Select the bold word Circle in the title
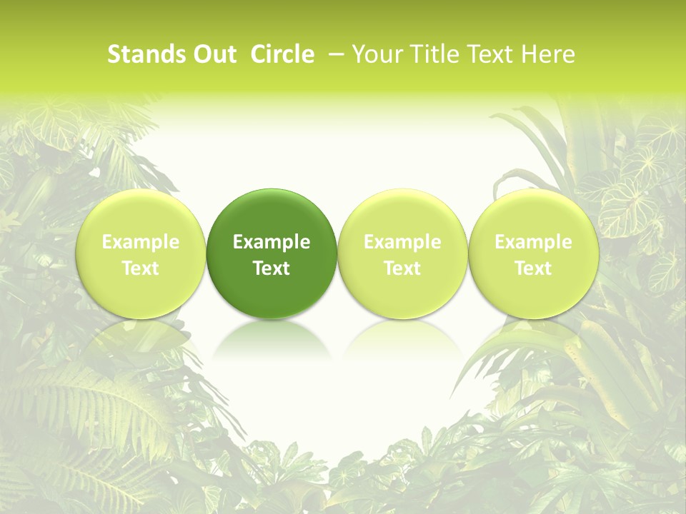(x=282, y=54)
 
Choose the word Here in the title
(x=547, y=54)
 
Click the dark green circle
(x=272, y=214)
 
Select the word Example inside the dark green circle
(x=272, y=242)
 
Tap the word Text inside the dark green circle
(x=272, y=268)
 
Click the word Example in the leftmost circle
(x=141, y=242)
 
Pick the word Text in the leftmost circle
(x=141, y=268)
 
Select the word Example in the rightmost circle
(x=534, y=242)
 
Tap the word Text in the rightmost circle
(x=534, y=268)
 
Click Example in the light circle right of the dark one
(x=402, y=242)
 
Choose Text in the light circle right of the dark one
(x=402, y=268)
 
